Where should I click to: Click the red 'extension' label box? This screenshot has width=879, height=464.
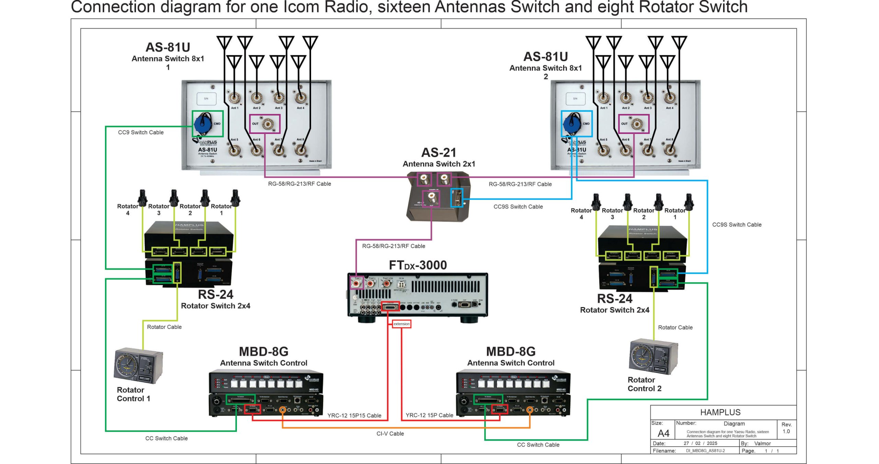(401, 324)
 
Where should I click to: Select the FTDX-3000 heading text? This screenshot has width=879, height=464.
(418, 265)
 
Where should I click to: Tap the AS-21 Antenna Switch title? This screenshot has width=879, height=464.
(439, 153)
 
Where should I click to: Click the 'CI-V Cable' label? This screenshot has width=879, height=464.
(390, 434)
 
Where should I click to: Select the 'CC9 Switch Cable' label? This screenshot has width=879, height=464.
(141, 133)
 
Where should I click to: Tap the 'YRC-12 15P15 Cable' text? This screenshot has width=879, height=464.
(354, 416)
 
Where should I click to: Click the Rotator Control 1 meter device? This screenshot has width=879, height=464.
(138, 366)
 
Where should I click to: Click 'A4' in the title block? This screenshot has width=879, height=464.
(663, 433)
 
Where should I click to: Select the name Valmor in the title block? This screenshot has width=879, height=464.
(762, 443)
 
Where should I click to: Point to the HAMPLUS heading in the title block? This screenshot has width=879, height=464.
(720, 412)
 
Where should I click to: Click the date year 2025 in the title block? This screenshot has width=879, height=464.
(712, 443)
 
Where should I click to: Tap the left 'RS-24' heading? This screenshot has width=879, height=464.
(216, 295)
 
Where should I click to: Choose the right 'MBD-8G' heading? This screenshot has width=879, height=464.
(511, 352)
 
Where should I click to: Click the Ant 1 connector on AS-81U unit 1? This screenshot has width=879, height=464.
(235, 98)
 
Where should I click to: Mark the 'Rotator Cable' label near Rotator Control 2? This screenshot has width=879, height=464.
(675, 328)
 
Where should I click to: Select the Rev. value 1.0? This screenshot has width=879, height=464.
(786, 431)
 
